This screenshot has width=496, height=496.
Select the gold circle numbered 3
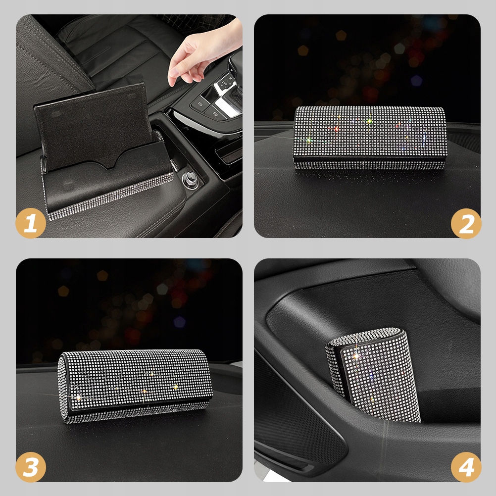[31, 467]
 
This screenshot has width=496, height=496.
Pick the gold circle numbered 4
[466, 467]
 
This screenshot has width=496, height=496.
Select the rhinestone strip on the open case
[109, 198]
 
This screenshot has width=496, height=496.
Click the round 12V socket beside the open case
[191, 177]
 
